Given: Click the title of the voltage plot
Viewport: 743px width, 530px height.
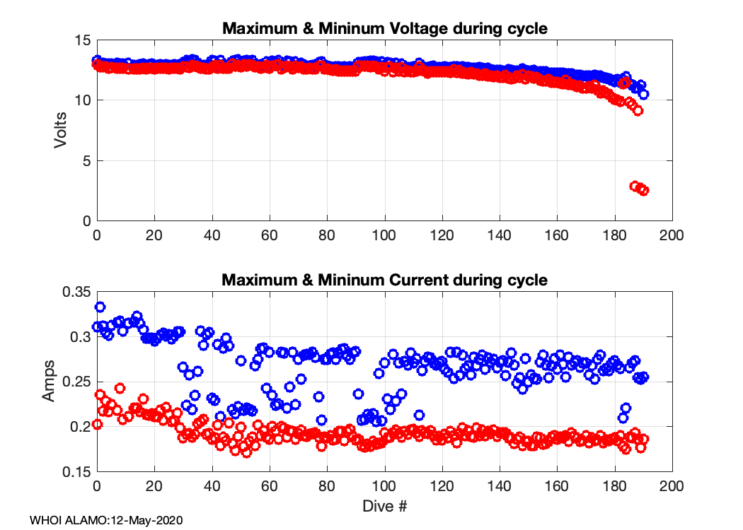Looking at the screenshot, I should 385,29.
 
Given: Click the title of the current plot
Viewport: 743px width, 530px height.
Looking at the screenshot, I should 385,280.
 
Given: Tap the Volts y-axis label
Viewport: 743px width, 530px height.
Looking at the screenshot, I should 61,131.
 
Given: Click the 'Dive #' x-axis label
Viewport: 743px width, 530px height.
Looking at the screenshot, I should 384,506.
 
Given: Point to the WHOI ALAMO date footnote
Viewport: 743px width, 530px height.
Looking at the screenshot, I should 106,521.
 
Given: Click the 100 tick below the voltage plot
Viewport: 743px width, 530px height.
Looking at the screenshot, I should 384,235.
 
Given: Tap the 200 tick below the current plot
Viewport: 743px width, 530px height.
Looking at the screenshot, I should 672,487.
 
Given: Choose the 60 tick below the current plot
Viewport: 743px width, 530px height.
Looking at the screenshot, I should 270,487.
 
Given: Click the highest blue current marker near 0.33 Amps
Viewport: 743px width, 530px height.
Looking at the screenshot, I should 100,307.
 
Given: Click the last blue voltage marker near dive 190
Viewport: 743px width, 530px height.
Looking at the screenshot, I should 644,94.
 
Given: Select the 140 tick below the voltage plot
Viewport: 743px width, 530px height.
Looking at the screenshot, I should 500,235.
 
